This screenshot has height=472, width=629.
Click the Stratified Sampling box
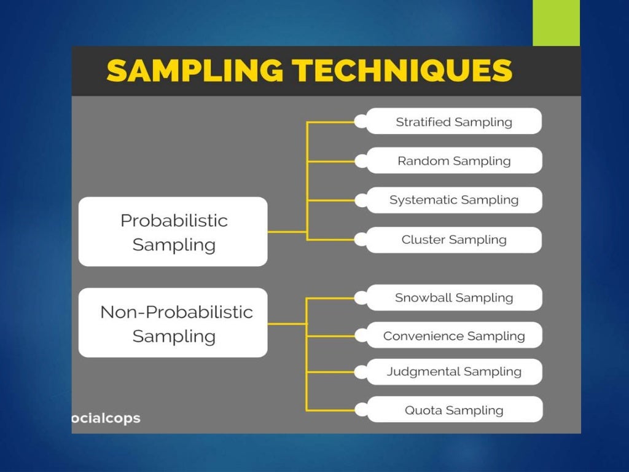coord(453,122)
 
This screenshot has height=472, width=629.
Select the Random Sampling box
coord(453,161)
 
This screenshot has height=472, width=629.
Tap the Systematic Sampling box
coord(453,200)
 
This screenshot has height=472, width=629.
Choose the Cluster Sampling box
coord(453,240)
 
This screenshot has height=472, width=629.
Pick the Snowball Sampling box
coord(453,298)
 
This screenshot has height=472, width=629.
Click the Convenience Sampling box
coord(453,336)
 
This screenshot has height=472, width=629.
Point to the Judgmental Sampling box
coord(453,372)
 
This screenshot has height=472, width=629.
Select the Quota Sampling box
coord(453,410)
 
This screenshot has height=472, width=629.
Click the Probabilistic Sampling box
coord(173,232)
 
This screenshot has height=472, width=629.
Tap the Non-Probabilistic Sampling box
coord(173,323)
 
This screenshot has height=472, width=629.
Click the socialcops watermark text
coord(106,419)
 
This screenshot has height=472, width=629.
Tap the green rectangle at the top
coord(556,23)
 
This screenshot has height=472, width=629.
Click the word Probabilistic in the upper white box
coord(174,221)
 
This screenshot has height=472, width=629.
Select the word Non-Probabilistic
coord(176,312)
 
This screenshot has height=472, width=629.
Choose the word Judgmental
coord(423,372)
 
